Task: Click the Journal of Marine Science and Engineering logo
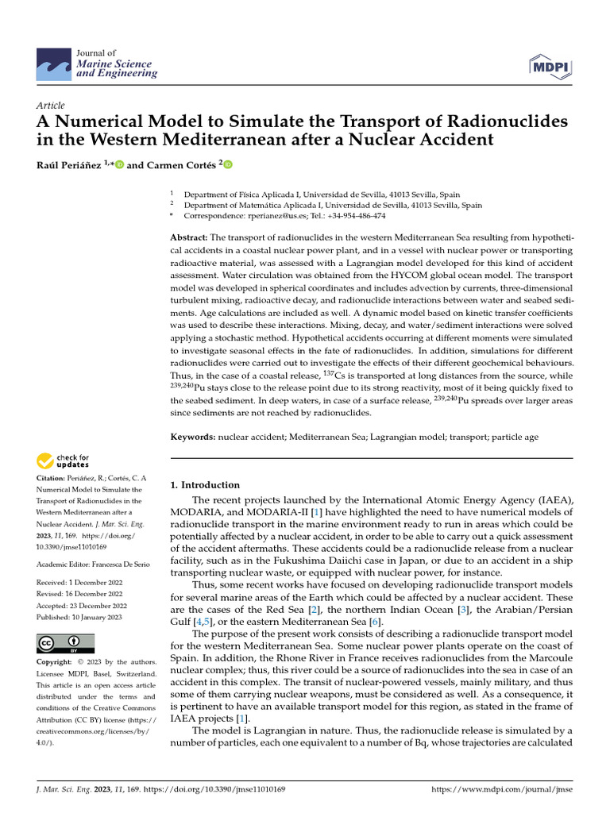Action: tap(96, 64)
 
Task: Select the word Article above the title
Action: tap(51, 106)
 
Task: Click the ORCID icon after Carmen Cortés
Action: tap(227, 165)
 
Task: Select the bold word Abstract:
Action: tap(189, 238)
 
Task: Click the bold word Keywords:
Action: tap(193, 437)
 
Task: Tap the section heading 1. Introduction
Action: tap(206, 485)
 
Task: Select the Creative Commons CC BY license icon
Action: tap(65, 643)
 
